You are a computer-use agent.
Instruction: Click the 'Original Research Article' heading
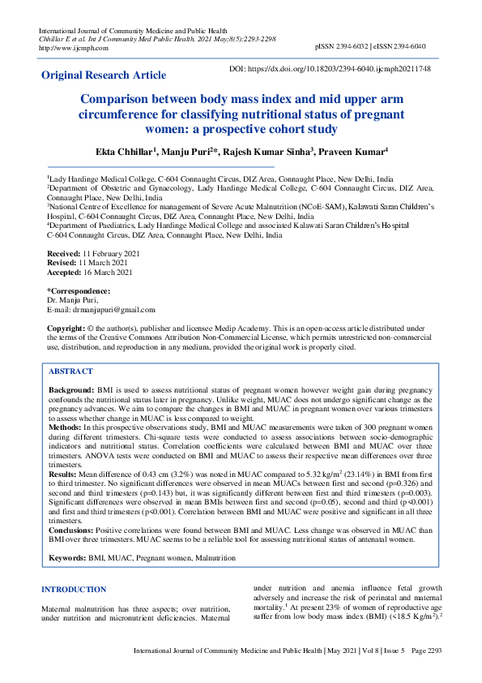coord(104,75)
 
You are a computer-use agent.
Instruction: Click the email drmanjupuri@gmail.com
coord(110,309)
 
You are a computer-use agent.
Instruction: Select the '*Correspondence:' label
coord(79,291)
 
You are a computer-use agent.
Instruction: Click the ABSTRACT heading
coord(71,371)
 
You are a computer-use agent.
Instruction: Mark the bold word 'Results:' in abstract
coord(63,473)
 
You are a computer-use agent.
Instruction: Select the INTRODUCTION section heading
coord(74,590)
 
